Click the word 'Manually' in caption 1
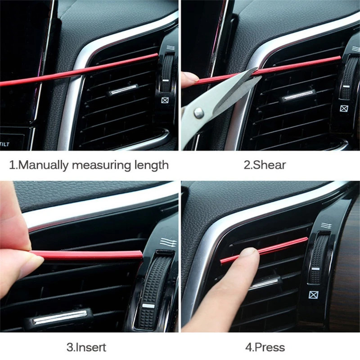(x=42, y=165)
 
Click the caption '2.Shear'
(x=265, y=165)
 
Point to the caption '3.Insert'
(x=86, y=347)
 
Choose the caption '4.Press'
(x=265, y=347)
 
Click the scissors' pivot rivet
(x=199, y=113)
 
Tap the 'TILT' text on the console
(x=5, y=144)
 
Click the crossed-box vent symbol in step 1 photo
(x=165, y=100)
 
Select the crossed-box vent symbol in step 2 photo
(x=344, y=108)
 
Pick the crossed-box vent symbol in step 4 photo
(x=312, y=295)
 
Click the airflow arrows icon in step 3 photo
(x=168, y=242)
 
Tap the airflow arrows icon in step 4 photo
(x=326, y=225)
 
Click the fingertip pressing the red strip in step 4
(x=250, y=254)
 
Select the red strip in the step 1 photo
(x=79, y=70)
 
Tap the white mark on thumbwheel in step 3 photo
(x=148, y=306)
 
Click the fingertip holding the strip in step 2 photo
(x=190, y=77)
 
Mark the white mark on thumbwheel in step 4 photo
(x=315, y=269)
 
